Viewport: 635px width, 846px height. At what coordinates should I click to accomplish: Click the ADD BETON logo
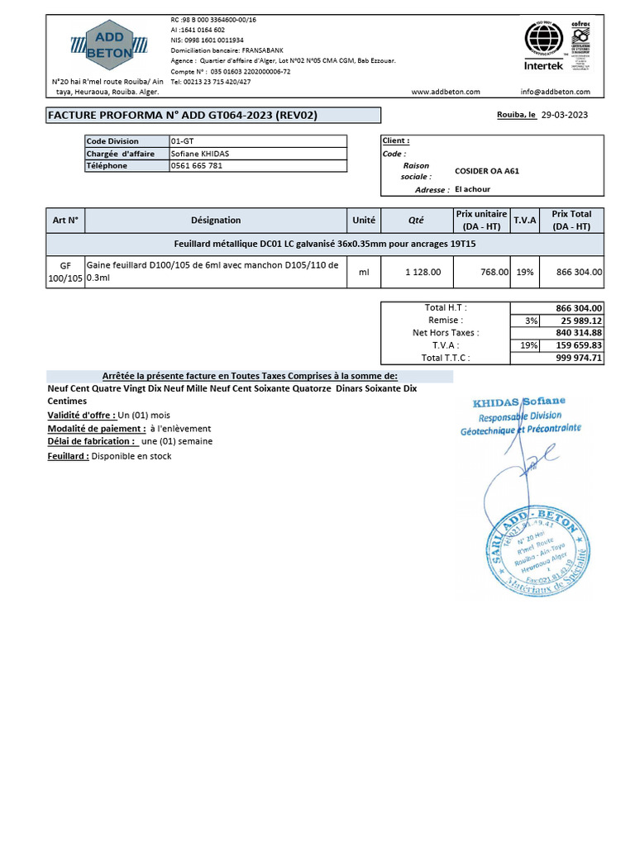(109, 44)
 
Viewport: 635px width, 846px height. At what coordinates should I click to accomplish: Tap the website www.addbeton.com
(442, 92)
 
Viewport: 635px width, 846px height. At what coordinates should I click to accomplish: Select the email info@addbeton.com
(555, 92)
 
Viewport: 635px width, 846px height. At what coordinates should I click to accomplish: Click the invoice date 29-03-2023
(565, 116)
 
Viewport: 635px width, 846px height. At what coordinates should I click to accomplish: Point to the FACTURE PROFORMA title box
(213, 116)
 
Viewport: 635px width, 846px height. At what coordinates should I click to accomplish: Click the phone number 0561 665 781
(196, 166)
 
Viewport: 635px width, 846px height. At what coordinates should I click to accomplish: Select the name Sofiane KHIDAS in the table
(201, 154)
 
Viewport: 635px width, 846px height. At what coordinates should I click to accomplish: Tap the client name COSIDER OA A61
(487, 172)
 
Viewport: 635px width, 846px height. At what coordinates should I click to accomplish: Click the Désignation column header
(216, 221)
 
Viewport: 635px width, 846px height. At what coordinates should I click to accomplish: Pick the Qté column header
(416, 221)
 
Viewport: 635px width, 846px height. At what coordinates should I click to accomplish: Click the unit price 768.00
(494, 272)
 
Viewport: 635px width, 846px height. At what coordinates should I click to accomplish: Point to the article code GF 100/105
(65, 272)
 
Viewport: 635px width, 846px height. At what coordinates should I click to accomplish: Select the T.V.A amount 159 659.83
(579, 345)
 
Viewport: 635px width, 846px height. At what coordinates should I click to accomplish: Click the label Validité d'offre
(81, 415)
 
